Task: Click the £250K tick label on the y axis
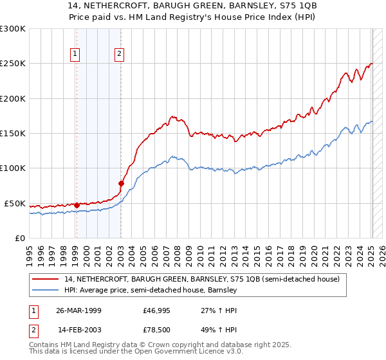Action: tap(13, 64)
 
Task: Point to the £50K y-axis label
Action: tap(15, 203)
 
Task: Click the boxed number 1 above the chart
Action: tap(76, 55)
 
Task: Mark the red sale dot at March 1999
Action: tap(77, 205)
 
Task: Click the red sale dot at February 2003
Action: tap(121, 183)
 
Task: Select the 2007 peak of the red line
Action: tap(173, 116)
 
